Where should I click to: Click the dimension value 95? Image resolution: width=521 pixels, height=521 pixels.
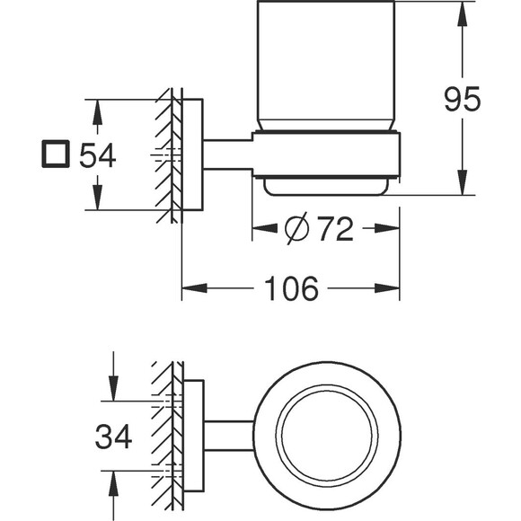pos(463,99)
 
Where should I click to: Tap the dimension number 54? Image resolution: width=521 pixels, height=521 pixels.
pos(97,155)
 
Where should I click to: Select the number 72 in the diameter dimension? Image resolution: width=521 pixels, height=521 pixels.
pos(335,228)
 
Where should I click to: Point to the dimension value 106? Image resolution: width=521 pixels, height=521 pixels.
pos(291,288)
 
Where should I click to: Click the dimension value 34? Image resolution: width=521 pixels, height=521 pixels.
pos(113,437)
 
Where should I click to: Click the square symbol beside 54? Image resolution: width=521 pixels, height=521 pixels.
pos(56,154)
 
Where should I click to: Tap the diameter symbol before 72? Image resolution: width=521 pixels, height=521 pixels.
pos(296,228)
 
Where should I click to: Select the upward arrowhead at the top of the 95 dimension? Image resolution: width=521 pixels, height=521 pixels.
pos(462,14)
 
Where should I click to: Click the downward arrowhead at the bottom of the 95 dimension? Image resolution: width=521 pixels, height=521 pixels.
pos(462,182)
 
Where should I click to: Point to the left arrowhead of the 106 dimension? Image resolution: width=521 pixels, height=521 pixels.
pos(194,288)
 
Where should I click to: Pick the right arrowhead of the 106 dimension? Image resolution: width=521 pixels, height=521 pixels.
pos(387,288)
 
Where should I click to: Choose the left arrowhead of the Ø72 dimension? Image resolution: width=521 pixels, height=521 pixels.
pos(265,228)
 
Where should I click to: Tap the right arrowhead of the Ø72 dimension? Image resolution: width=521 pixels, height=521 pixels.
pos(387,228)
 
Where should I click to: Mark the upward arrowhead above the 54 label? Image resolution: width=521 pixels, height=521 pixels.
pos(97,112)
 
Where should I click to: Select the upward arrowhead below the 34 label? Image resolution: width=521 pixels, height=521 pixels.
pos(113,483)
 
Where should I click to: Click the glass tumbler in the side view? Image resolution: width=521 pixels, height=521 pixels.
pos(325,65)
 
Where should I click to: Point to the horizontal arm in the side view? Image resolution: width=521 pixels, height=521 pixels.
pos(227,155)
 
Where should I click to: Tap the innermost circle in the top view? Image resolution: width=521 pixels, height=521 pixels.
pos(327,436)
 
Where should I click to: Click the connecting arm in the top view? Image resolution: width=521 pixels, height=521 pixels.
pos(228,436)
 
